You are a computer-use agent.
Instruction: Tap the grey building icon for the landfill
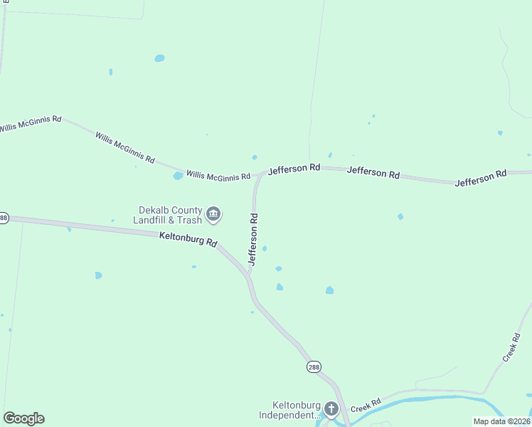click(213, 213)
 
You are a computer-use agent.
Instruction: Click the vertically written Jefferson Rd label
click(252, 238)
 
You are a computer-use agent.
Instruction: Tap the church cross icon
click(331, 408)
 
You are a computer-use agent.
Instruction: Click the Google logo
click(23, 418)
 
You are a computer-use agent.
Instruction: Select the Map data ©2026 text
click(501, 421)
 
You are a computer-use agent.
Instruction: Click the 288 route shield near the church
click(314, 367)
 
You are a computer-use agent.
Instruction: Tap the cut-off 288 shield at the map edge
click(3, 218)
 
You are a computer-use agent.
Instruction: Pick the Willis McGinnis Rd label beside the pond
click(218, 175)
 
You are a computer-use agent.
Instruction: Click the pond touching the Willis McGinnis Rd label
click(178, 176)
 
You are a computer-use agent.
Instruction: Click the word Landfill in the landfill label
click(153, 220)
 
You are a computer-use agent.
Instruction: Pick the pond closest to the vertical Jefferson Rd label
click(265, 248)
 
